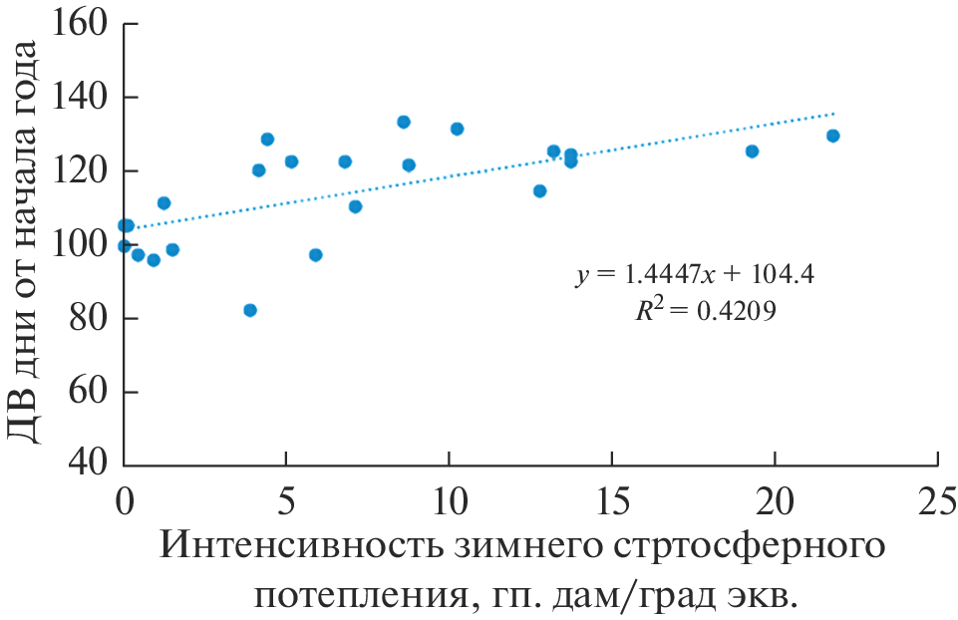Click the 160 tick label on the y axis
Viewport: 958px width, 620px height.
pos(83,24)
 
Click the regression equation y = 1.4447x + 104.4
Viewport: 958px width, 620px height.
pos(696,275)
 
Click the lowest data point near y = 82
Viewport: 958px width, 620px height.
pos(250,310)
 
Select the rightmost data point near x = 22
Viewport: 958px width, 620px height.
pos(833,136)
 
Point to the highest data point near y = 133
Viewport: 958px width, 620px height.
pos(404,122)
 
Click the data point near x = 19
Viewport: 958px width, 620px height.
pos(752,152)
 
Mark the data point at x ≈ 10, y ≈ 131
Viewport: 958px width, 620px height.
pos(458,129)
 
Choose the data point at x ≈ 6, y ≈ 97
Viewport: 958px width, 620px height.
pos(316,255)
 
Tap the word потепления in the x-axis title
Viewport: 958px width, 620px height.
pos(356,596)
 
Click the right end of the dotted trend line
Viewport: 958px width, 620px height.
pos(834,113)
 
